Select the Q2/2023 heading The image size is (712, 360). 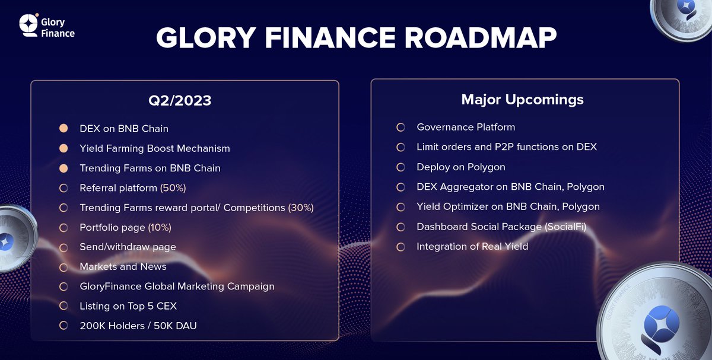click(180, 100)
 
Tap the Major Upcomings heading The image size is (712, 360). click(522, 99)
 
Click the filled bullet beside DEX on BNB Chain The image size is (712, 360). click(63, 128)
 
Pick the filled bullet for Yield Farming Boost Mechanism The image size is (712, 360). click(63, 148)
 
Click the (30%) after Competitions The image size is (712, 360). click(300, 208)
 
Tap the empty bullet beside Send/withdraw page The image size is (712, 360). click(63, 247)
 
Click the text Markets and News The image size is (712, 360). click(123, 266)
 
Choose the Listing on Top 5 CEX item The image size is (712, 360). click(128, 306)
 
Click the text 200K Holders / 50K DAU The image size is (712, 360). click(139, 326)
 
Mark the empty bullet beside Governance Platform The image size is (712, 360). click(401, 128)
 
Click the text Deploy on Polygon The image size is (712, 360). click(460, 167)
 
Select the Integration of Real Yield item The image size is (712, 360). click(472, 246)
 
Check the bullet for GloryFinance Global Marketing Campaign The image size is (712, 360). click(63, 286)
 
